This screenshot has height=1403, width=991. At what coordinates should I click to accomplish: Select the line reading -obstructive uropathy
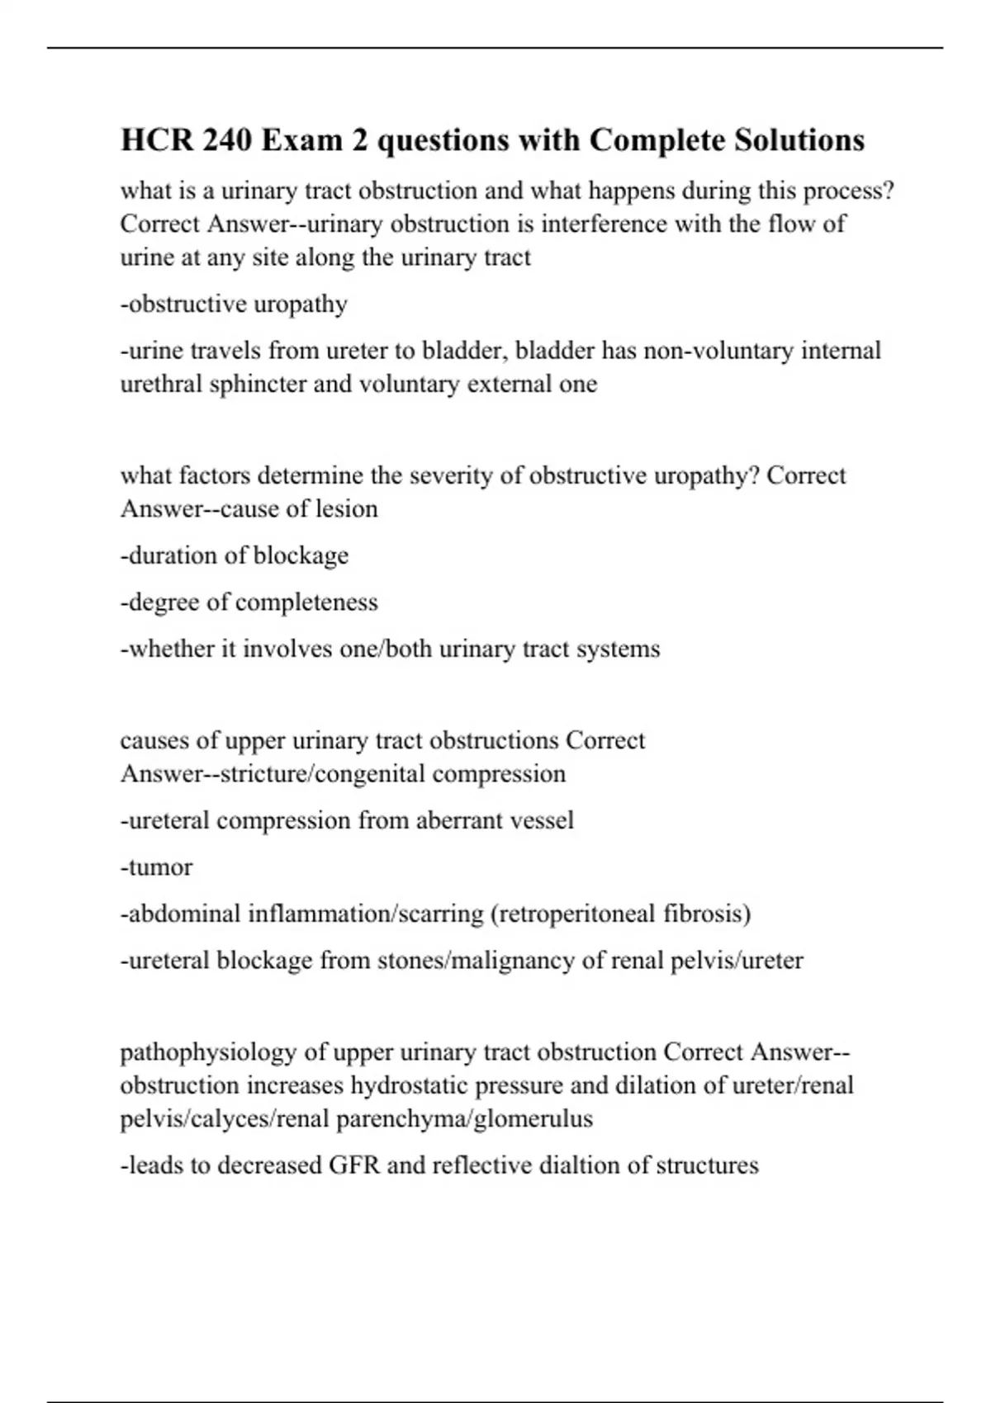pos(234,305)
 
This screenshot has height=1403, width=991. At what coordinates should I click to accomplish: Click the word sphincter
pos(258,385)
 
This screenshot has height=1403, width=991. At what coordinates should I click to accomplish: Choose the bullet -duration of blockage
pos(234,555)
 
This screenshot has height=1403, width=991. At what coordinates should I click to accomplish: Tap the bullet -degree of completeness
pos(249,602)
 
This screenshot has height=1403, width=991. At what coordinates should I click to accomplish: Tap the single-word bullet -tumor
pos(156,867)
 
